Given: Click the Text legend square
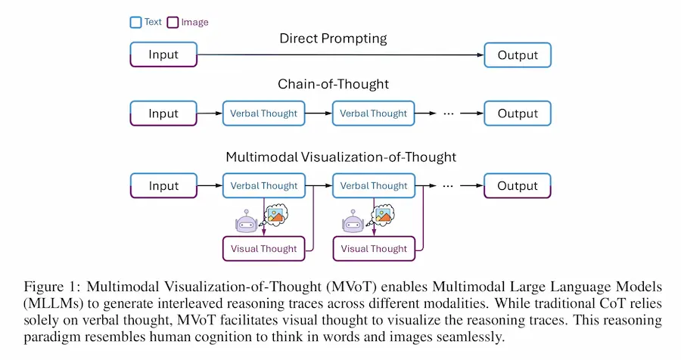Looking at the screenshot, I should coord(135,22).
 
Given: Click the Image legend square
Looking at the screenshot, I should coord(173,22).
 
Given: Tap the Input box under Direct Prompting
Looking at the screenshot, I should coord(163,55).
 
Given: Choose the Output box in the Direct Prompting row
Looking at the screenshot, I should coord(518,55).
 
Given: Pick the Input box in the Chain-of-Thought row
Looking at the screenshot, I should coord(163,113).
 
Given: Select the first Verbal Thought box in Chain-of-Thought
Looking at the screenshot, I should coord(263,113).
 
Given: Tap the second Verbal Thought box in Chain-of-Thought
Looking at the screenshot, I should coord(373,113).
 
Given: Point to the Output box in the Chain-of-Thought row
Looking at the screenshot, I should coord(518,113).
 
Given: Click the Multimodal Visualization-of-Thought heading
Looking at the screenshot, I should coord(340,157).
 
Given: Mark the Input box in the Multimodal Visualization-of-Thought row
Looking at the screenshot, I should coord(163,186).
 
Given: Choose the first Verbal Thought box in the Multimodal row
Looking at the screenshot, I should coord(263,186).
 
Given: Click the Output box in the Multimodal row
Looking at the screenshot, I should coord(518,186).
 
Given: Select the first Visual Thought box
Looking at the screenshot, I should coord(263,248).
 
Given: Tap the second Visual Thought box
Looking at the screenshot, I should coord(373,248).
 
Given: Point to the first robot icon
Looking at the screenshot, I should coord(247,222).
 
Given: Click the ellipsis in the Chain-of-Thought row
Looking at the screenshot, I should coord(447,113).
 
